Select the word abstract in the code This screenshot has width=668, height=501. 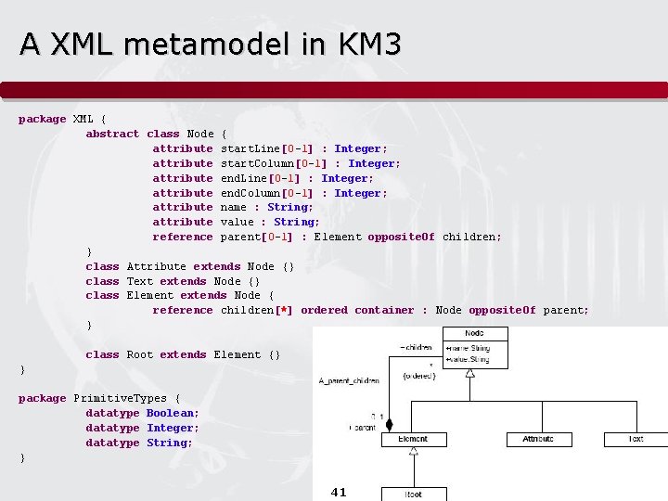point(112,134)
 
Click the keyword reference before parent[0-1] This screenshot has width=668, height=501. point(183,237)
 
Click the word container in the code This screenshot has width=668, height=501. point(384,310)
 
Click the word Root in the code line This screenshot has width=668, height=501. point(140,354)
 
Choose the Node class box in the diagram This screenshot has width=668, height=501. point(474,346)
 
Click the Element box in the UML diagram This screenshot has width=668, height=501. point(413,439)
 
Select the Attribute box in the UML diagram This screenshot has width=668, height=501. point(538,439)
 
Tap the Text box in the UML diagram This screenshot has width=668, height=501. point(636,439)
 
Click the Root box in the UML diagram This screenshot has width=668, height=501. point(414,495)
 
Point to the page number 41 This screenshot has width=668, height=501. point(339,493)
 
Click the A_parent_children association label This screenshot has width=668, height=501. point(348,381)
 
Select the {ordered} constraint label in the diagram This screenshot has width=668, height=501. point(419,375)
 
